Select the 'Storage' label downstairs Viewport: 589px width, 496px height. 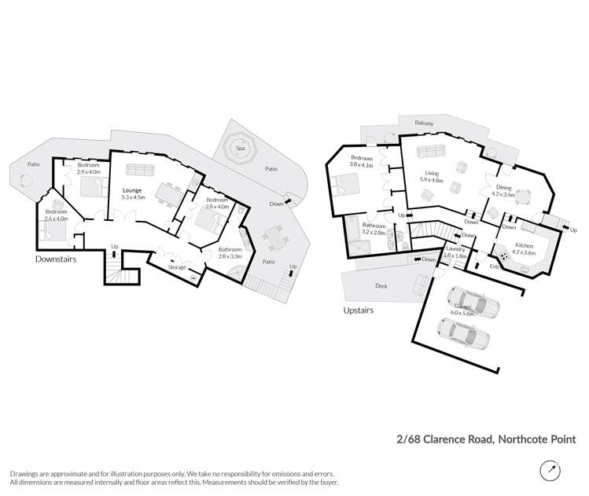click(178, 268)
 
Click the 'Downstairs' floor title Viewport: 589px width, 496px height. click(56, 259)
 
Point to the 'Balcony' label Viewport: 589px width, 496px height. click(428, 123)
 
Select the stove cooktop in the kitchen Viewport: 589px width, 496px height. click(502, 256)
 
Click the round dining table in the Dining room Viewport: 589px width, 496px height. click(522, 200)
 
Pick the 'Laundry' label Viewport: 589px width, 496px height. click(455, 249)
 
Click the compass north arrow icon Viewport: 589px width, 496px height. click(551, 471)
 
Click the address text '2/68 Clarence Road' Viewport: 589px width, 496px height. click(444, 439)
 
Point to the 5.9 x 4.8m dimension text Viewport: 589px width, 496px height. click(433, 181)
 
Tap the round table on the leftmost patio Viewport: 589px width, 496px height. click(24, 180)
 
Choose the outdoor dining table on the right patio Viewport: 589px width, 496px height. click(274, 235)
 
